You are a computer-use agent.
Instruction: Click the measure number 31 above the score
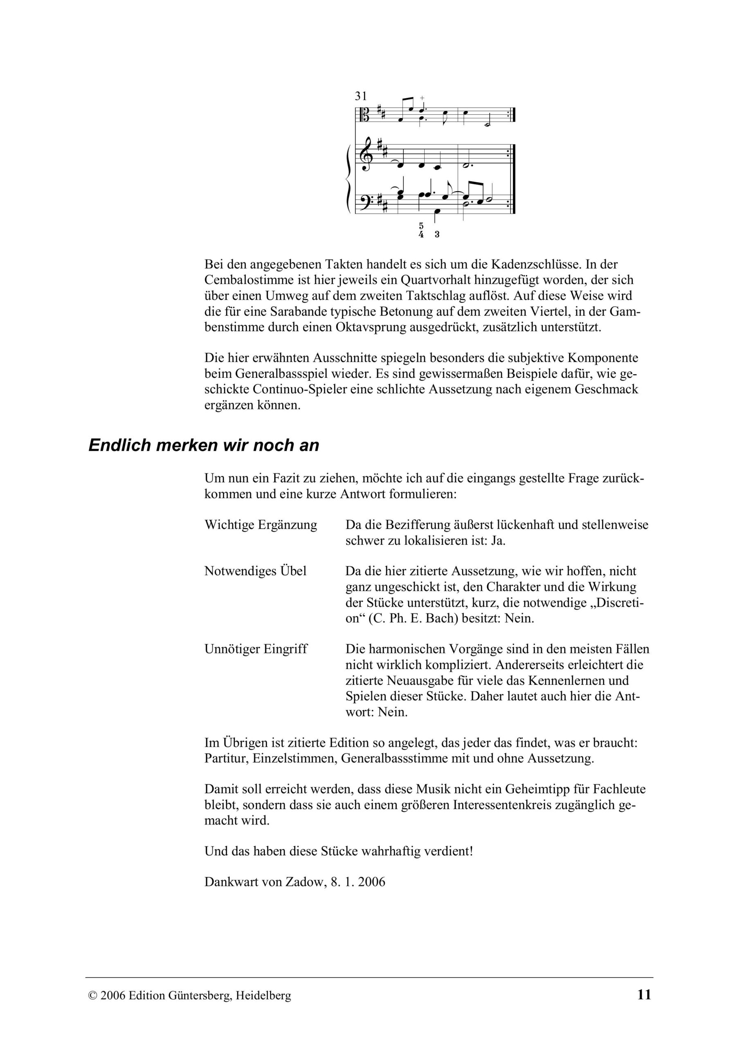coord(361,96)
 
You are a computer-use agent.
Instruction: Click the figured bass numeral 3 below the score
coord(437,235)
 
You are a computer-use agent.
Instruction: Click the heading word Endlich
coord(119,445)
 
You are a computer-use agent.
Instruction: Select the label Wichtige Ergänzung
coord(261,525)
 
